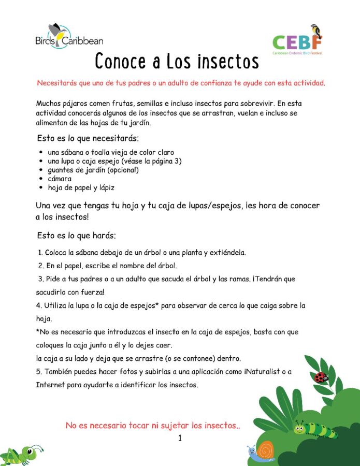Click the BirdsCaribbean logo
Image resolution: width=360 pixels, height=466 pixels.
point(69,37)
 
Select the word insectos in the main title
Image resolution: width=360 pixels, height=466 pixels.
point(228,61)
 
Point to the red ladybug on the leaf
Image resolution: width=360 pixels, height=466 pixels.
point(321,377)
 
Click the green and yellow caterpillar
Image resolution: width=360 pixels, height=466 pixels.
point(315,429)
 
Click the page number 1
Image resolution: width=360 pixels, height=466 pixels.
point(180,439)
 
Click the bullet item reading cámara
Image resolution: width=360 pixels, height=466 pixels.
point(60,179)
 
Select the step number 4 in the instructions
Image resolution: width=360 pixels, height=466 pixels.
point(38,305)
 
